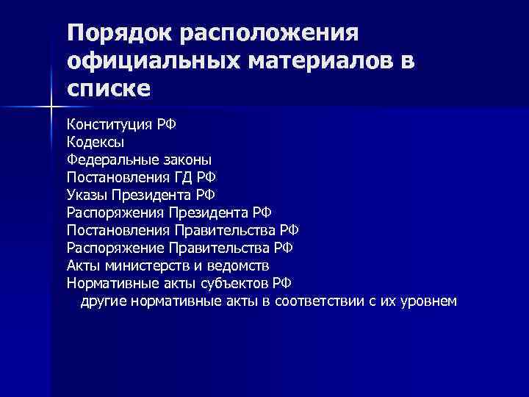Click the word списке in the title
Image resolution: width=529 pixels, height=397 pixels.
[x=108, y=89]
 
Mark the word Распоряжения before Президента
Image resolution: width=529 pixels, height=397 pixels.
[x=115, y=212]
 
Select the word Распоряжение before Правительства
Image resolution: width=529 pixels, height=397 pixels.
[x=115, y=248]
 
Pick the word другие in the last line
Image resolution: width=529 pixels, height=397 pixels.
[x=104, y=301]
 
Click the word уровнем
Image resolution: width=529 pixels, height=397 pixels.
[x=429, y=301]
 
